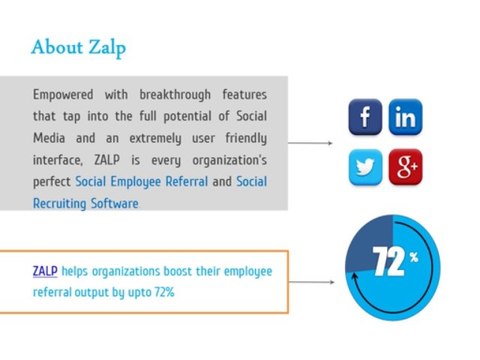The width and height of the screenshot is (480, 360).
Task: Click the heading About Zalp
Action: [79, 47]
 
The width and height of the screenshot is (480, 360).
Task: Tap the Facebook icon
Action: [364, 118]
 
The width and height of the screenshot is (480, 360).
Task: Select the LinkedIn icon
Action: [404, 118]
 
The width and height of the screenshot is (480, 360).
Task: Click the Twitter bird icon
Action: [364, 165]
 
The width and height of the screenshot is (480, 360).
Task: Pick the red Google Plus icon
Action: [404, 165]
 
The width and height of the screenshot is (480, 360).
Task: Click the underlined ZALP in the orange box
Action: [44, 271]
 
